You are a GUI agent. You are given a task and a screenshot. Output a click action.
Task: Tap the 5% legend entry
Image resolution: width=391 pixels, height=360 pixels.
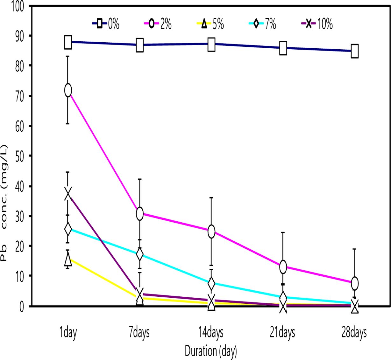pos(210,24)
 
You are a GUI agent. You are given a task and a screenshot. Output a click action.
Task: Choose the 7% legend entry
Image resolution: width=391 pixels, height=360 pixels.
pos(263,24)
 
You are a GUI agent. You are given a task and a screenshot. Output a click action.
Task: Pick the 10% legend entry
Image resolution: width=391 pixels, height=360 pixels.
pos(317,24)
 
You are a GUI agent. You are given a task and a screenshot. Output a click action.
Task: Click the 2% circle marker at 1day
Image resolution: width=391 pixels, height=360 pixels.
pos(68,90)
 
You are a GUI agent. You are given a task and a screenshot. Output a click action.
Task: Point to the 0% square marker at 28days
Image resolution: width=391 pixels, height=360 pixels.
pos(355,51)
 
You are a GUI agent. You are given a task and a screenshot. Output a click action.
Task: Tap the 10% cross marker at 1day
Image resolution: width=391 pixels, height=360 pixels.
pos(68,194)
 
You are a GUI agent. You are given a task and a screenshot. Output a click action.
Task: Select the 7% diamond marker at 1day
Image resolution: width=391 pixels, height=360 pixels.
pos(68,229)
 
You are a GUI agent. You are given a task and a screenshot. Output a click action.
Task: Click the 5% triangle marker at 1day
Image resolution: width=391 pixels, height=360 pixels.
pos(68,259)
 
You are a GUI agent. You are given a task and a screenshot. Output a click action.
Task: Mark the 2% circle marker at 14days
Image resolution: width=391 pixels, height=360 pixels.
pos(211,231)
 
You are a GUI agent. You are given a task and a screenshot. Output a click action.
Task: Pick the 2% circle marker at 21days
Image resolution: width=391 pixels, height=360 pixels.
pos(283,267)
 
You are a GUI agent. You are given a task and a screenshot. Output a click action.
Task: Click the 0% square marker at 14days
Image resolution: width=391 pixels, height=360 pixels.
pos(211,44)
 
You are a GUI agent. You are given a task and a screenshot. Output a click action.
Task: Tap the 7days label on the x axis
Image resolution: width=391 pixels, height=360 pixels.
pos(139,333)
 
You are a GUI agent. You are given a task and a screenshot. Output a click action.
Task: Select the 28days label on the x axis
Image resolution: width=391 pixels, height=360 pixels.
pos(354,333)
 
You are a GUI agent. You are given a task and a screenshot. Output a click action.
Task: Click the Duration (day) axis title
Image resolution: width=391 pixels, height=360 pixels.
pos(211,351)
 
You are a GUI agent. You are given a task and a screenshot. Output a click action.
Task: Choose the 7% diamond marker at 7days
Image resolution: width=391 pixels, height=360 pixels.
pos(139,254)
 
